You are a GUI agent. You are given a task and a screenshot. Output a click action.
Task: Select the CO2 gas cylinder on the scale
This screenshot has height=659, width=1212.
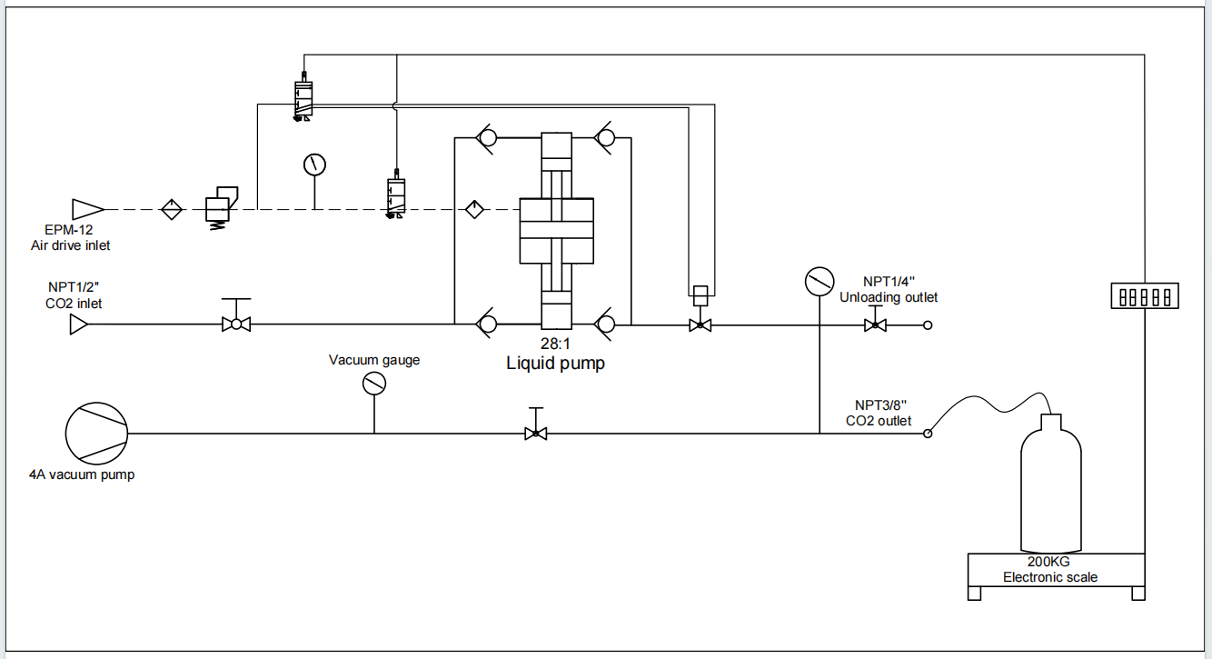pos(1051,484)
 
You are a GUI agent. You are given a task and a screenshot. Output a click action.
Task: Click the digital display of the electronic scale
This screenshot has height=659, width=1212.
pos(1145,296)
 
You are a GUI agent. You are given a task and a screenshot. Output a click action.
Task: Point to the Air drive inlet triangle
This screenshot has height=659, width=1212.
pos(87,209)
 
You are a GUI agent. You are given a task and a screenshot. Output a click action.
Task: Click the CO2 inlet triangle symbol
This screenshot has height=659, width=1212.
pos(79,325)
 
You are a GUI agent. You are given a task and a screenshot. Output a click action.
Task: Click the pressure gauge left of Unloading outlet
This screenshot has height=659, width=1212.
pos(820,282)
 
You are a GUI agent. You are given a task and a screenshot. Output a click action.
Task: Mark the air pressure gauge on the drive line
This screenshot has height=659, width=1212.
pos(315,165)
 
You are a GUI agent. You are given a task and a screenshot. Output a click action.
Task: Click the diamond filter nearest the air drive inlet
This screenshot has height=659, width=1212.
pos(172,209)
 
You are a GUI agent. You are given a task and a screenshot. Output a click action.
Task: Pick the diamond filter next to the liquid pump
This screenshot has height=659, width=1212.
pos(474,209)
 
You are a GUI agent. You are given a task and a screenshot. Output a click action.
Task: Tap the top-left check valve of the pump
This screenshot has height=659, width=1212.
pos(486,138)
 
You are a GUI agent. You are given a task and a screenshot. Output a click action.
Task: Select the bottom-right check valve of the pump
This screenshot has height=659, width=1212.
pos(605,325)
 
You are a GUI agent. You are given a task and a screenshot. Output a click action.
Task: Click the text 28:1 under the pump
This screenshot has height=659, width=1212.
pos(555,344)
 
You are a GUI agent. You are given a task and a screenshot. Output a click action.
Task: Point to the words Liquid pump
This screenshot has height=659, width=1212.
pos(555,363)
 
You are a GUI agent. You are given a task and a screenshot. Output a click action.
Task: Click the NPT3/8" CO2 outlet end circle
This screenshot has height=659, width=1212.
pos(928,434)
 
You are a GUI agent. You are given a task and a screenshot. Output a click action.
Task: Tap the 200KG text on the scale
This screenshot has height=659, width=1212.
pos(1048,562)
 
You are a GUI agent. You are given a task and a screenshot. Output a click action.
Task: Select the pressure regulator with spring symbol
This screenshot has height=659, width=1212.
pos(220,208)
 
